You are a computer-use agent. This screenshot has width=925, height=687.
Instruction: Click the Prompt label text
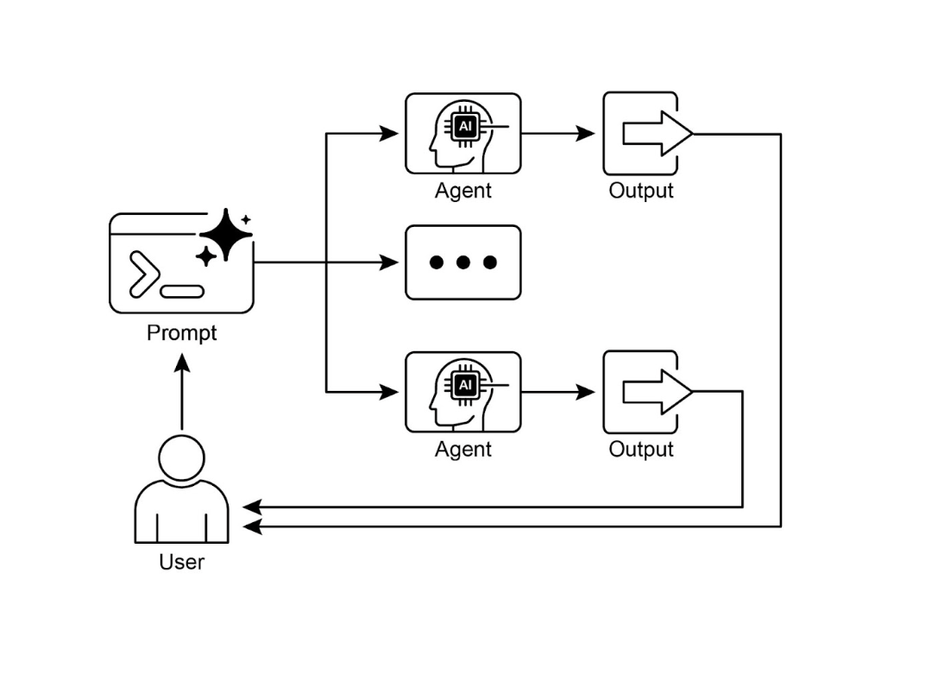point(181,332)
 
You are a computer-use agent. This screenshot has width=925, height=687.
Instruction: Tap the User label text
point(181,562)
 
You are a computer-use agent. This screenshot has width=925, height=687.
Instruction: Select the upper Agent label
point(462,191)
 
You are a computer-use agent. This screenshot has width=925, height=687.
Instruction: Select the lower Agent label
point(462,450)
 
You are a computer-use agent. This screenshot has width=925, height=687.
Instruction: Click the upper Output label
point(640,191)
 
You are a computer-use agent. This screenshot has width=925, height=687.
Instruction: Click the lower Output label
point(640,450)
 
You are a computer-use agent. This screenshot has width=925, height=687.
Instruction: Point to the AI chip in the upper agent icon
point(465,126)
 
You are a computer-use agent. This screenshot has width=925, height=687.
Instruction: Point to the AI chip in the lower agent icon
point(465,385)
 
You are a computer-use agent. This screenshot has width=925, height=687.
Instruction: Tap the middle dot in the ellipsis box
point(463,262)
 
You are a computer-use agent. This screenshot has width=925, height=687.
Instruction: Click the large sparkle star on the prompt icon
point(225,234)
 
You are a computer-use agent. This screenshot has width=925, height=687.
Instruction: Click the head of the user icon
point(182,456)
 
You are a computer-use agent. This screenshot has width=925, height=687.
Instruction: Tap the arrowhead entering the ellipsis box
point(390,262)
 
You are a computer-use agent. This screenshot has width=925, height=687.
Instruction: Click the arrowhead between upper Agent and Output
point(586,134)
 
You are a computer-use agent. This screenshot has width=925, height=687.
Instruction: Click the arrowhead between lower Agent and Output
point(586,393)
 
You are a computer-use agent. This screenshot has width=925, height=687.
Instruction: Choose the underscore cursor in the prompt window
point(182,291)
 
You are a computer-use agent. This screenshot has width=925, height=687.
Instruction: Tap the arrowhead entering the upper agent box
point(390,134)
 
